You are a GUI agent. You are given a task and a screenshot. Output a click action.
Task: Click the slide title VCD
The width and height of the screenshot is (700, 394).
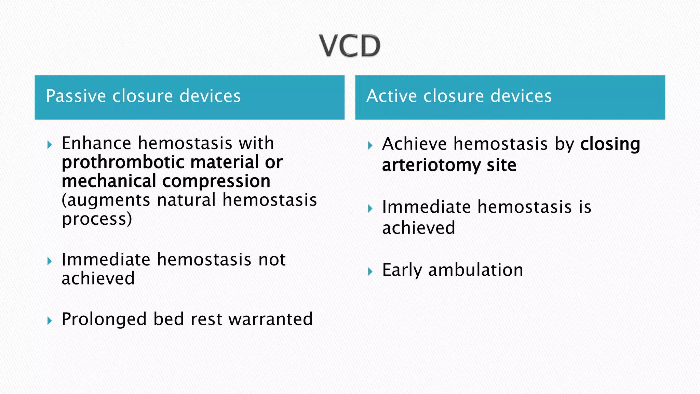[x=350, y=46]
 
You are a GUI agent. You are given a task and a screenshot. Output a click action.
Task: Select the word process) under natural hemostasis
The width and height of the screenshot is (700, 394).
[x=97, y=219]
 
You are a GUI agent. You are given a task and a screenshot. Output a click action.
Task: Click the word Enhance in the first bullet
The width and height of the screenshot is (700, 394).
[x=96, y=143]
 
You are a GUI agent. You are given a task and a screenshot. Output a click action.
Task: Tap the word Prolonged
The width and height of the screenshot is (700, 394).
[x=104, y=319]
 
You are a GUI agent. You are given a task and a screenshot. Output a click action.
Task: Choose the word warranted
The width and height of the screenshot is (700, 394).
[x=270, y=319]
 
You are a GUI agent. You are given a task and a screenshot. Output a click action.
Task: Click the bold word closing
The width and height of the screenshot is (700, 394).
[x=610, y=144]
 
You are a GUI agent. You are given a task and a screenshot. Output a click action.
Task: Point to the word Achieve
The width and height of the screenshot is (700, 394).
[x=414, y=144]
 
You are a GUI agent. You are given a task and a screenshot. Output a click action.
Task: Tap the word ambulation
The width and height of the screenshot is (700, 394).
[x=475, y=270]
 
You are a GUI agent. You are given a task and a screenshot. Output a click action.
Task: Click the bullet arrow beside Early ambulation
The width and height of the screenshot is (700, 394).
[x=370, y=272]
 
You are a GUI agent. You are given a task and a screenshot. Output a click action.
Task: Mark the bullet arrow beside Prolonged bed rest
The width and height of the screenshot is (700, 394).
[x=50, y=321]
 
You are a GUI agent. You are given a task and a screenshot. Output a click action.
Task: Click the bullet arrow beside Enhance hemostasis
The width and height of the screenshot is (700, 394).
[x=50, y=145]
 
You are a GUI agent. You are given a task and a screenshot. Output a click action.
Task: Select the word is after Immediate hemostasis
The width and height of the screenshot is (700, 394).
[x=585, y=207]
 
